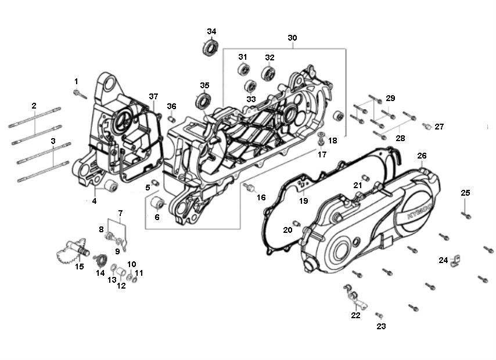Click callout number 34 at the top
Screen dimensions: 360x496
coord(211,31)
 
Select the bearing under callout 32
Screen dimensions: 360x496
coord(268,73)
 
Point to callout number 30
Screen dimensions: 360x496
coord(292,38)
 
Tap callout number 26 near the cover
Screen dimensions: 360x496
coord(422,156)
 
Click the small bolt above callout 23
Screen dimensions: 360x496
coord(379,315)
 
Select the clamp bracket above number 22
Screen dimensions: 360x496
coord(353,294)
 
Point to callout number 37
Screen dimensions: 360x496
coord(153,96)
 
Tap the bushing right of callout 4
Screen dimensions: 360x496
coord(109,187)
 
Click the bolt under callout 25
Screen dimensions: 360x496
coord(466,214)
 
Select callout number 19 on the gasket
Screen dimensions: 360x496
coord(303,201)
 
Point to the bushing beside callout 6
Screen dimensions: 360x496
coord(157,204)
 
